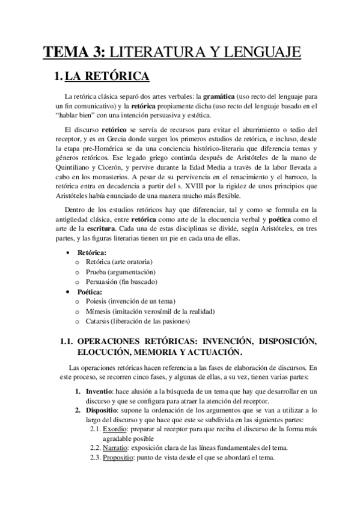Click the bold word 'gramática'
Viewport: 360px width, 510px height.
pyautogui.click(x=221, y=97)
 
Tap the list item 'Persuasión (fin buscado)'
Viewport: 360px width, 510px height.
pyautogui.click(x=123, y=283)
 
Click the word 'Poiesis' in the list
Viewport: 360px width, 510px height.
pyautogui.click(x=100, y=302)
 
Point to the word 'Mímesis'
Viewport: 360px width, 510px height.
pyautogui.click(x=101, y=312)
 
